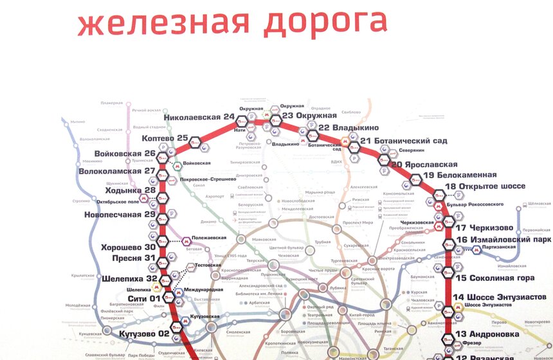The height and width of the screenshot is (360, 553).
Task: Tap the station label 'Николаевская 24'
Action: pyautogui.click(x=199, y=117)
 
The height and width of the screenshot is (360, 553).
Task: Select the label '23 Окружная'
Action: pyautogui.click(x=309, y=116)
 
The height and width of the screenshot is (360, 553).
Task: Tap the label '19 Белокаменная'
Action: pyautogui.click(x=460, y=175)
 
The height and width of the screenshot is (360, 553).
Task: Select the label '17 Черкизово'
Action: pyautogui.click(x=484, y=228)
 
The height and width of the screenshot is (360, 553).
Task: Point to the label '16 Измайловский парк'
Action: pyautogui.click(x=503, y=240)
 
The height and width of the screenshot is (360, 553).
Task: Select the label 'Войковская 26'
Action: pyautogui.click(x=125, y=154)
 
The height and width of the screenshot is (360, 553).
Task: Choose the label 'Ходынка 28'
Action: pyautogui.click(x=128, y=190)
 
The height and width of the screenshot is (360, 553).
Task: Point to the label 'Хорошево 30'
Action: pyautogui.click(x=129, y=247)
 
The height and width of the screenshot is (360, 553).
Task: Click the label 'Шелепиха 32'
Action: pyautogui.click(x=129, y=278)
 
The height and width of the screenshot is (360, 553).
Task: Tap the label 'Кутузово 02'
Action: pyautogui.click(x=144, y=333)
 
